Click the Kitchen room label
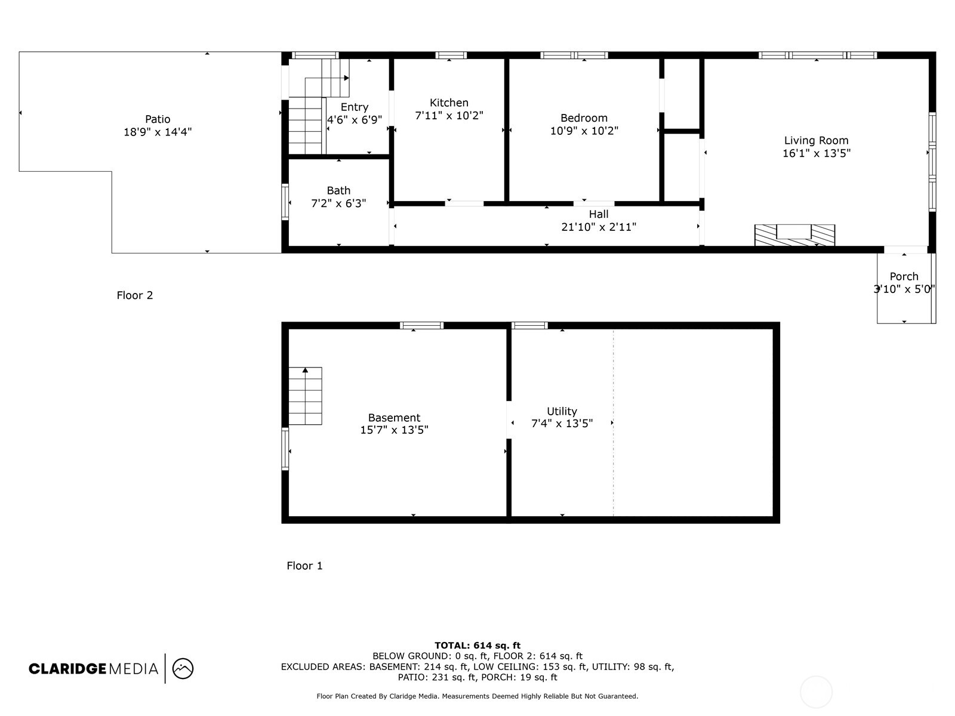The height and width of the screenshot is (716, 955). click(449, 103)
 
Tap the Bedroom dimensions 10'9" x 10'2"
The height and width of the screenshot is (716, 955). click(584, 131)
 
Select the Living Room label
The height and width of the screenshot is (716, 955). click(816, 140)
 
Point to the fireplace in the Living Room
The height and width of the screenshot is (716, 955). click(794, 234)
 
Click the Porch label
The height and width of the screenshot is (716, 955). click(904, 276)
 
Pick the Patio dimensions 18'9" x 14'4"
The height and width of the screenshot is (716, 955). click(158, 132)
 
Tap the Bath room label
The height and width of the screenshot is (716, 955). click(338, 190)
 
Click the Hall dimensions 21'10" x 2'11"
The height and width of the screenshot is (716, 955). click(599, 227)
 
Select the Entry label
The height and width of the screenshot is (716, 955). click(354, 107)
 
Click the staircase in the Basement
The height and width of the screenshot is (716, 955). click(305, 396)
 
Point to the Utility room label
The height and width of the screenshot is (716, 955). click(562, 411)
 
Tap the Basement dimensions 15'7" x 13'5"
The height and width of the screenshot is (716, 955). click(394, 430)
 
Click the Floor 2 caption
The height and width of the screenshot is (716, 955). click(135, 295)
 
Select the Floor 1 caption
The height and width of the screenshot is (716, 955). click(304, 566)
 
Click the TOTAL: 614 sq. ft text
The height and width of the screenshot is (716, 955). click(477, 645)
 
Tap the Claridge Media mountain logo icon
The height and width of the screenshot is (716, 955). click(183, 668)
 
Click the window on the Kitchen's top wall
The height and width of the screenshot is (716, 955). click(451, 55)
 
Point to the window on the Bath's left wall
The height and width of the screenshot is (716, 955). click(285, 202)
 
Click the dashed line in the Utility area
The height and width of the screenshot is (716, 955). click(614, 465)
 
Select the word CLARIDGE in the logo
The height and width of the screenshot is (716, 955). click(67, 669)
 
